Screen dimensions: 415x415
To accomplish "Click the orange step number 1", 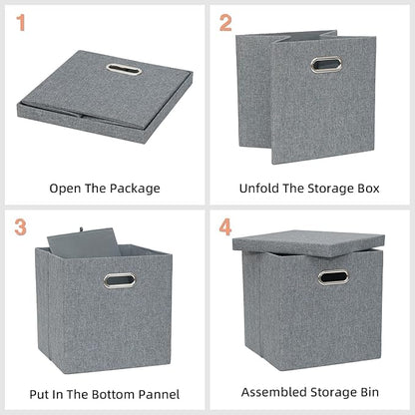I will click(22, 23).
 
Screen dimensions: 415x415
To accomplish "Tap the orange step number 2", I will click(225, 23).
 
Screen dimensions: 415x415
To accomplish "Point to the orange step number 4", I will click(226, 227).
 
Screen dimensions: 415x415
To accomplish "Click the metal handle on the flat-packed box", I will click(119, 69).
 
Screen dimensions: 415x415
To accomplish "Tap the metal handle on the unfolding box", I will click(325, 65).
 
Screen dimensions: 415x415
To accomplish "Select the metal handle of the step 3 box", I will click(120, 280).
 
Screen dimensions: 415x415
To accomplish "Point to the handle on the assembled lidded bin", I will click(331, 276).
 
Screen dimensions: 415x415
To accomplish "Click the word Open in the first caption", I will click(66, 188).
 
